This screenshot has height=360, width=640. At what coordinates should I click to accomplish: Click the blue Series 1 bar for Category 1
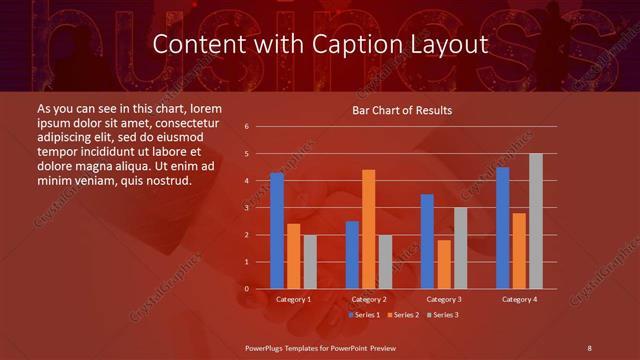277,231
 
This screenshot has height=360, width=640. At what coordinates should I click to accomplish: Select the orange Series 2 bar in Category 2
368,229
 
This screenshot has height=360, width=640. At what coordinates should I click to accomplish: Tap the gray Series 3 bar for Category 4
536,221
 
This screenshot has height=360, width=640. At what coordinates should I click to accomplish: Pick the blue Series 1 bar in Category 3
427,241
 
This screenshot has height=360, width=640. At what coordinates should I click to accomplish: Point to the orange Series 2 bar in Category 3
444,264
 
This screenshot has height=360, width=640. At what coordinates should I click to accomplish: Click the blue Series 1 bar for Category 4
503,228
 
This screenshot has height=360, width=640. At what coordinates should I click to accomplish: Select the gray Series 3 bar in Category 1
310,262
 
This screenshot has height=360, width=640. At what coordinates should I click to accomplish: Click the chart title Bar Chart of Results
402,110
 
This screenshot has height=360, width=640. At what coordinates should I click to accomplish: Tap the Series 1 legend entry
365,315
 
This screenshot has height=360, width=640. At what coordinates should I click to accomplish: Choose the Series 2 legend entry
402,315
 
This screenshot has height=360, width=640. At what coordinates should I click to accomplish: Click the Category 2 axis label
369,299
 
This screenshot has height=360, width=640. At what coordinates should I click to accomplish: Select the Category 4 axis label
519,299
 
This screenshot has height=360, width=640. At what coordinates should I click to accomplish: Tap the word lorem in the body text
206,108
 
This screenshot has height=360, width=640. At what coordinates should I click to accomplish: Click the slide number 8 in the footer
589,347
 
